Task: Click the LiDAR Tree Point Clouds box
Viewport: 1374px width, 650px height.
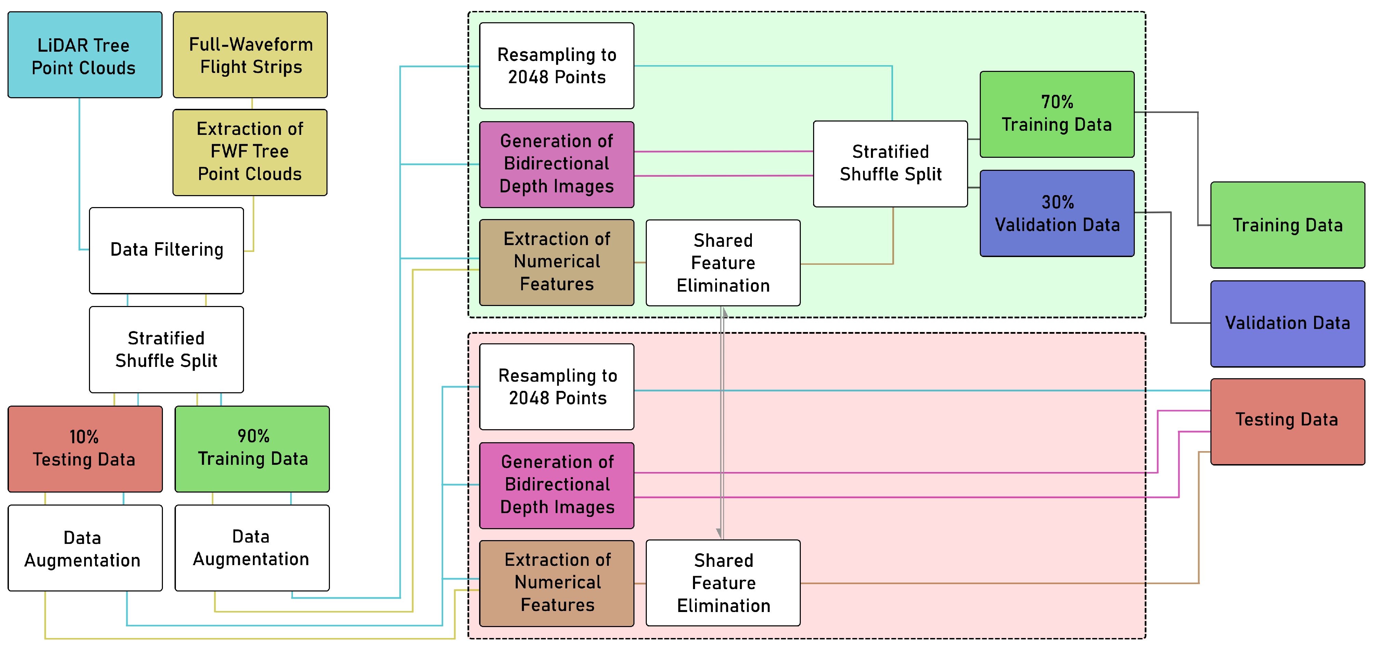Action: (x=85, y=55)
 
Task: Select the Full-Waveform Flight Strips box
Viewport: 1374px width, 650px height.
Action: (x=250, y=55)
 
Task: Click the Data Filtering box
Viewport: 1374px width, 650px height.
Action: (x=166, y=250)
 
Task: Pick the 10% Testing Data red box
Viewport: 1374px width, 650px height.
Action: (x=85, y=449)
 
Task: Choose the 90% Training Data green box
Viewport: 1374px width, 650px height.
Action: (x=252, y=449)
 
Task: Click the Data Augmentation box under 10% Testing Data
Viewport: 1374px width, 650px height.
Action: (x=85, y=548)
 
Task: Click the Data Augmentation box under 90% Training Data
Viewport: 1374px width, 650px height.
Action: (x=252, y=548)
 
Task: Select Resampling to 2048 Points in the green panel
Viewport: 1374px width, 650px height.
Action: (x=556, y=66)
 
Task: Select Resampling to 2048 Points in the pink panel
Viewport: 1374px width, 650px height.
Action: (x=556, y=387)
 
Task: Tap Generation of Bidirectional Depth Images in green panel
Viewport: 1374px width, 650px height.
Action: (x=556, y=164)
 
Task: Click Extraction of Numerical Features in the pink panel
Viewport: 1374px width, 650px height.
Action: (x=556, y=583)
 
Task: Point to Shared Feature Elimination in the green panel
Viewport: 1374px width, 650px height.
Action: (x=723, y=263)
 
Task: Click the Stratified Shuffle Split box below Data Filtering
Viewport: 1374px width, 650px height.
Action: (x=166, y=349)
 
